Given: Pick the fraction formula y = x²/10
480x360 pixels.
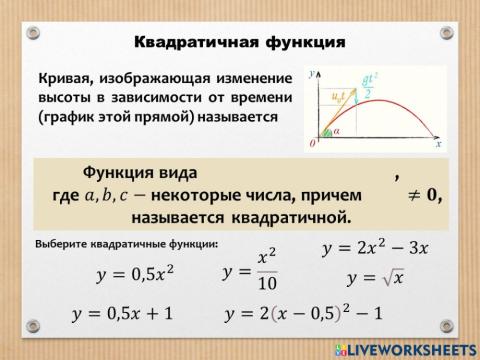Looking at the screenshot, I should point(244,272).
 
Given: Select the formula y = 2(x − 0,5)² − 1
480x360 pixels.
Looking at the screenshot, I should point(305,313).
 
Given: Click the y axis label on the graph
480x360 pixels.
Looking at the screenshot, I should point(312,73).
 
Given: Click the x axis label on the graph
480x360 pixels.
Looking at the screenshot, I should point(438,144).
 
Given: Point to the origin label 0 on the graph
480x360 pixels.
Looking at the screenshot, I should point(312,145).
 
